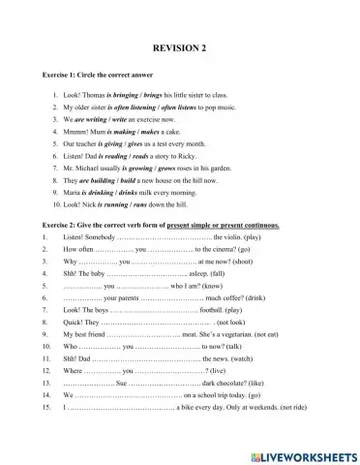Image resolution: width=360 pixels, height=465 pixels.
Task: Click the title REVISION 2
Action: tap(180, 47)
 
